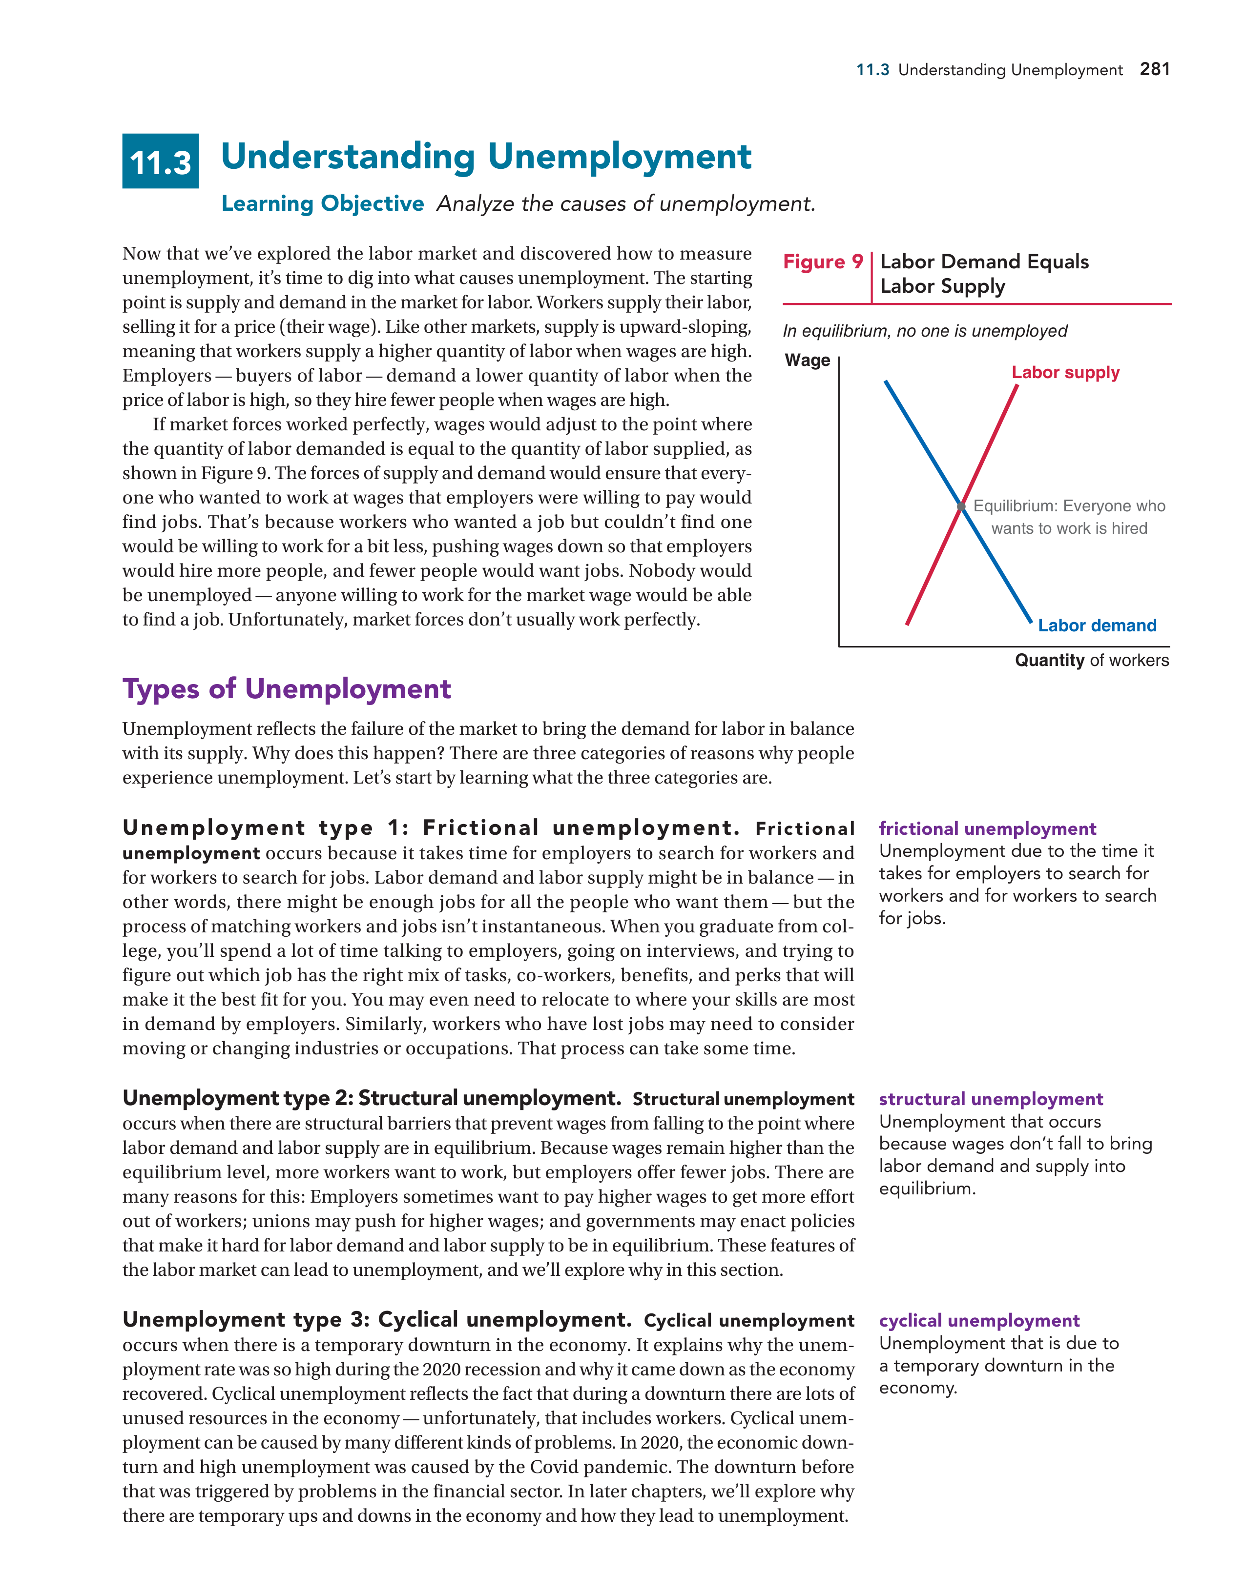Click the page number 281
click(1155, 69)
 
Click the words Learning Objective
click(322, 203)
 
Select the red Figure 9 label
click(823, 262)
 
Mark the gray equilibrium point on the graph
click(961, 506)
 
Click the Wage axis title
click(808, 360)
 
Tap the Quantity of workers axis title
click(1091, 661)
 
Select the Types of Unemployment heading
click(287, 689)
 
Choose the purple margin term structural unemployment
click(991, 1099)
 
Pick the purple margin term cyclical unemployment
click(979, 1321)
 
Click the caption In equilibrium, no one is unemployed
click(924, 331)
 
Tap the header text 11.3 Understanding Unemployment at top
click(989, 70)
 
